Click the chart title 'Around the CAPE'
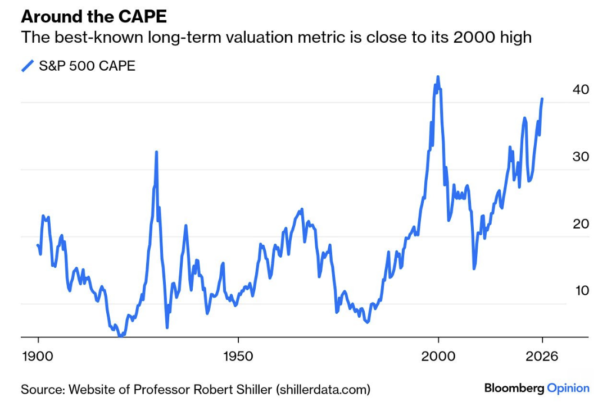[94, 16]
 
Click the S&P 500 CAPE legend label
[87, 66]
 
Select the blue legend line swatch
[28, 66]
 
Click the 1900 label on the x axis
[38, 356]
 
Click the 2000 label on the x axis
[438, 356]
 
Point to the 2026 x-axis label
[542, 356]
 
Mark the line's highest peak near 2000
[438, 77]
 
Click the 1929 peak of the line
[156, 152]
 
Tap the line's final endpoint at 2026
[542, 99]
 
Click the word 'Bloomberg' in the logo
[514, 388]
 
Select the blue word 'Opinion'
[568, 388]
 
